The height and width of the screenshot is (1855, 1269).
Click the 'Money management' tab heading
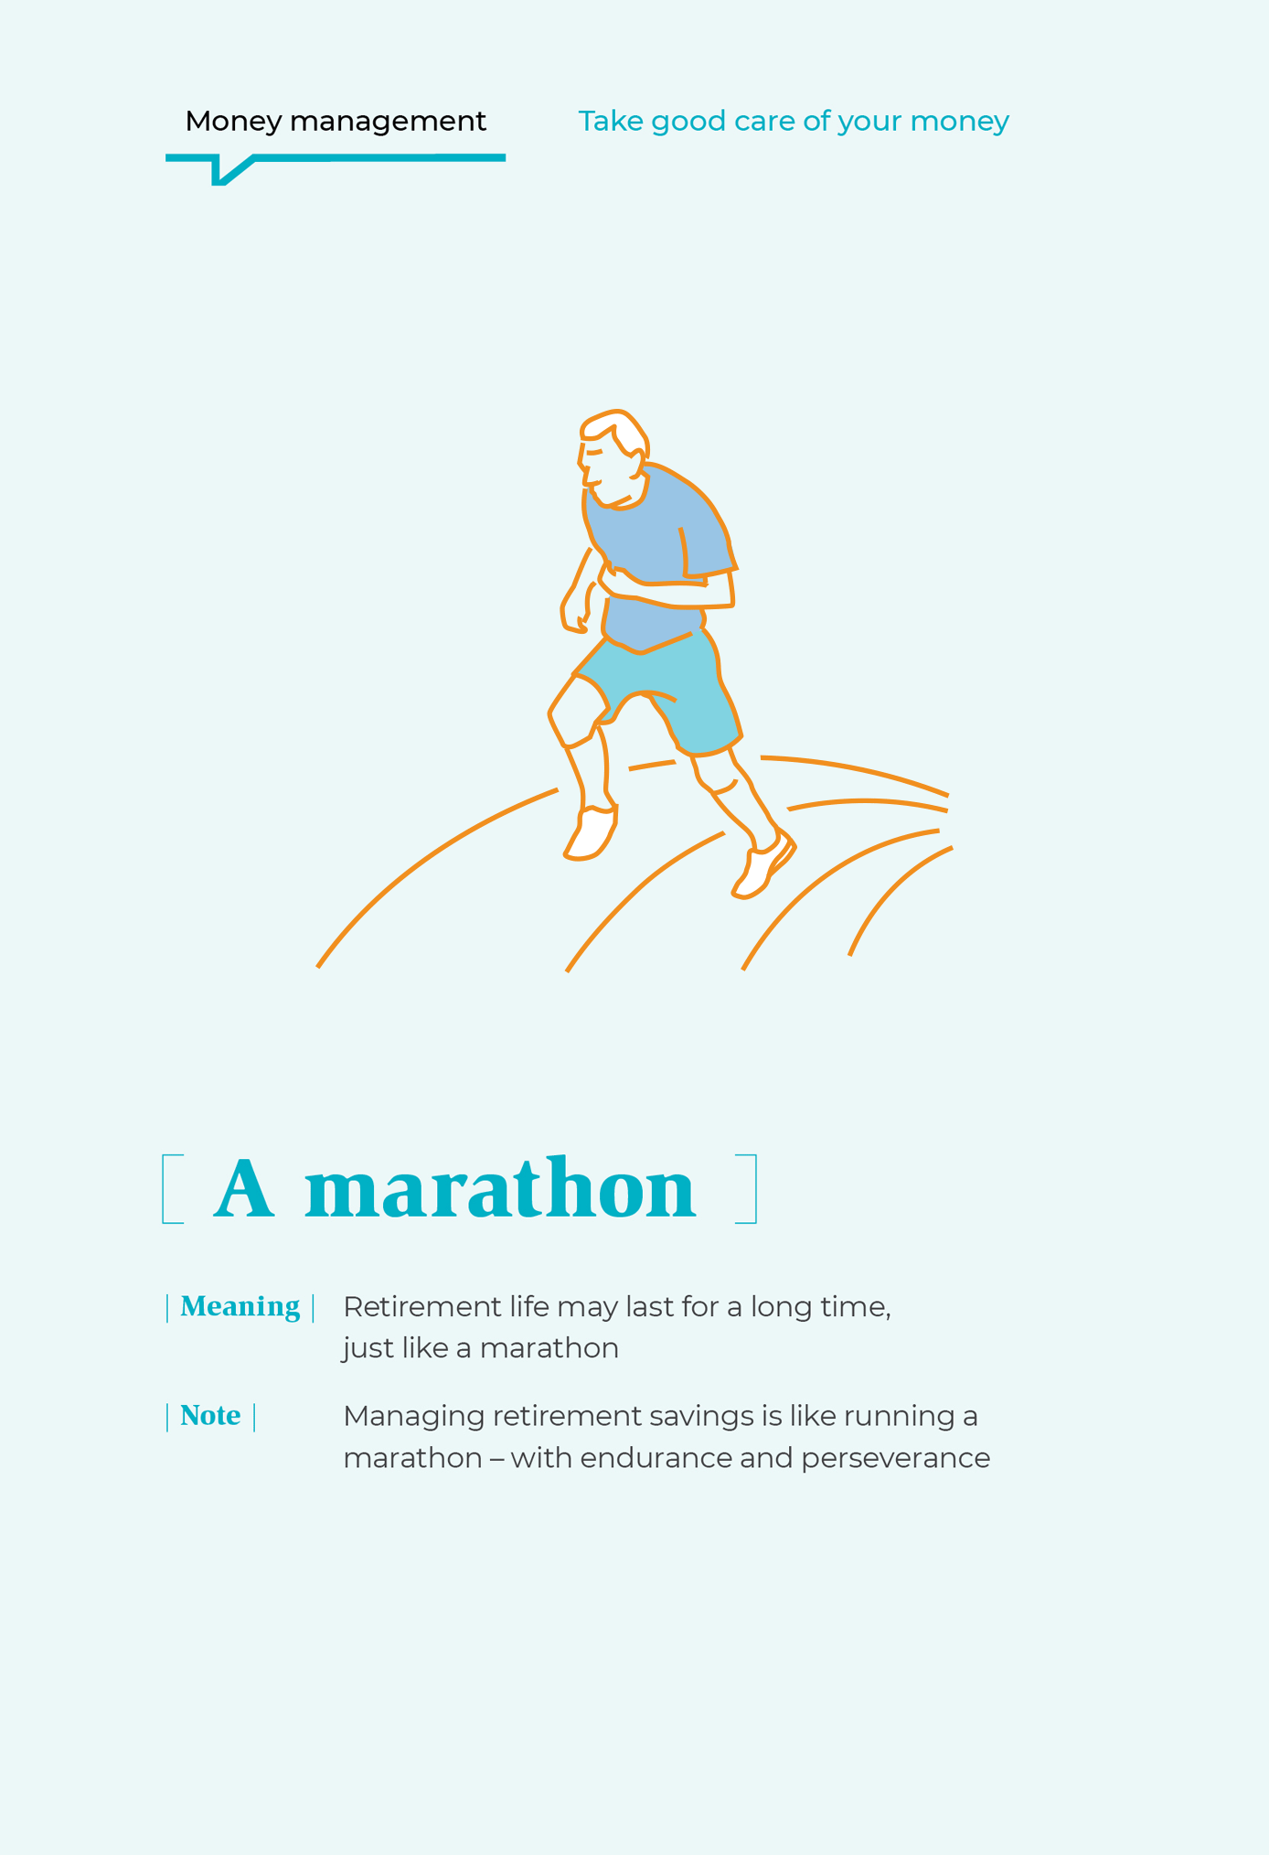pyautogui.click(x=336, y=122)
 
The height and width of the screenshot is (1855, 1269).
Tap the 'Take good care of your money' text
pyautogui.click(x=794, y=122)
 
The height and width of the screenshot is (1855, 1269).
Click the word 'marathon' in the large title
pyautogui.click(x=500, y=1188)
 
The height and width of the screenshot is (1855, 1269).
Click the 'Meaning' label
pyautogui.click(x=240, y=1307)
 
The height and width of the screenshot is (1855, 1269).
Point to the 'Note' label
pyautogui.click(x=210, y=1416)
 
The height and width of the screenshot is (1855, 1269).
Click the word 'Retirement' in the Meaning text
pyautogui.click(x=422, y=1307)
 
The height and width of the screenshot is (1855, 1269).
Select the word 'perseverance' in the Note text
pyautogui.click(x=895, y=1458)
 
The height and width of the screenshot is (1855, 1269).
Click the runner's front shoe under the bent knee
pyautogui.click(x=591, y=832)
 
